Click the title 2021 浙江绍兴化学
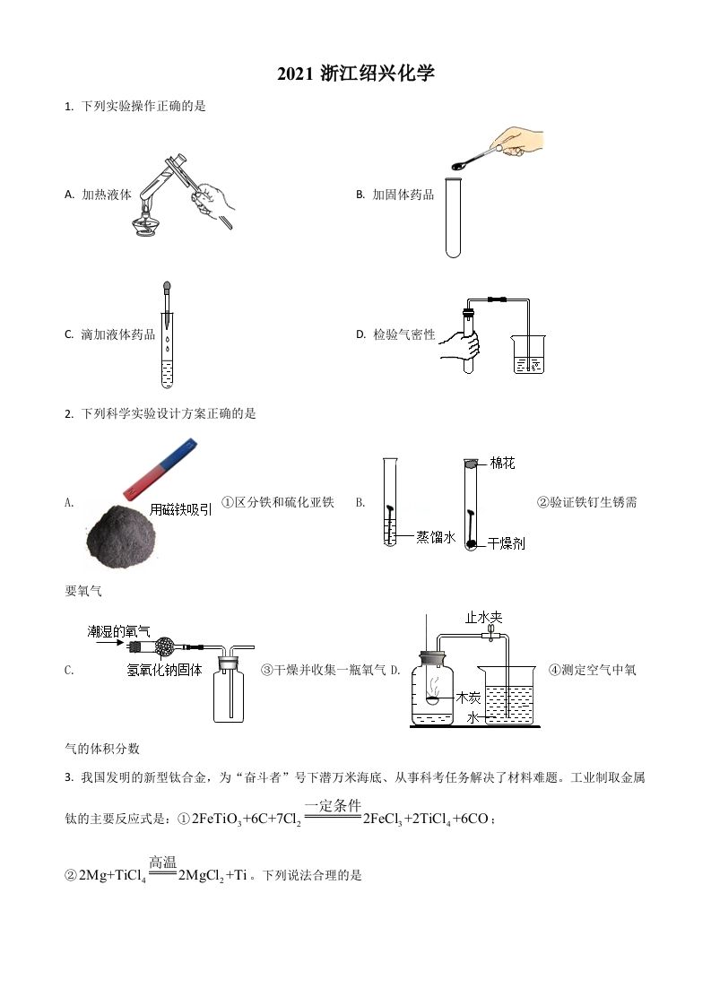tap(356, 74)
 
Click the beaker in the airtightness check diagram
tap(528, 354)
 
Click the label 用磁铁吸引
tap(181, 509)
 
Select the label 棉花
tap(502, 464)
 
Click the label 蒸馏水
tap(436, 536)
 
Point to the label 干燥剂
tap(506, 543)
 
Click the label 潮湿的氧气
tap(118, 630)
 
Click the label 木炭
tap(468, 696)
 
